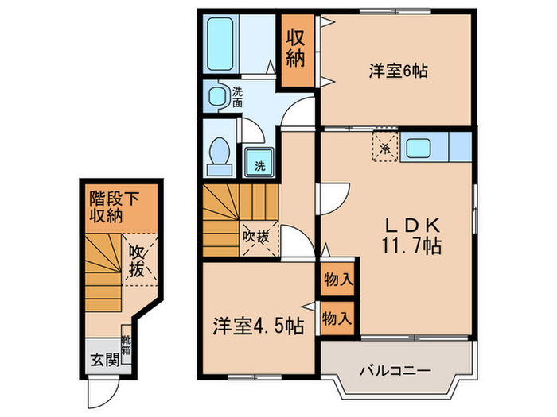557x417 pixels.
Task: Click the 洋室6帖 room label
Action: [x=397, y=71]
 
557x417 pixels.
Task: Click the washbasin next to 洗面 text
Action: [x=216, y=96]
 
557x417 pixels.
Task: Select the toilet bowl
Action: [x=218, y=153]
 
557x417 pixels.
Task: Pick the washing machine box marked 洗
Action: [x=260, y=164]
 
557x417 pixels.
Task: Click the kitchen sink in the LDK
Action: [x=419, y=148]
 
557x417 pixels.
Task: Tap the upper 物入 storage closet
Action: [x=338, y=280]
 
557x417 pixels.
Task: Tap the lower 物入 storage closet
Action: [x=337, y=319]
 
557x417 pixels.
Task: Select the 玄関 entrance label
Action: [x=99, y=358]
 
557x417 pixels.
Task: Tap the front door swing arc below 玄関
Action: [x=104, y=388]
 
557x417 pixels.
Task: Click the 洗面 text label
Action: [x=238, y=97]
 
